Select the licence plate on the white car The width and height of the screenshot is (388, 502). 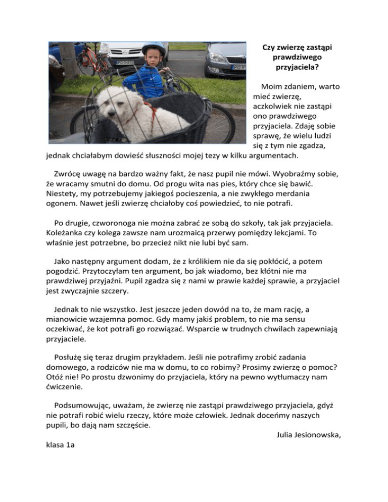(x=126, y=63)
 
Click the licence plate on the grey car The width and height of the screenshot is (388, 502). (x=238, y=67)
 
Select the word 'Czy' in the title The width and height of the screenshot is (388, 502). (x=268, y=47)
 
